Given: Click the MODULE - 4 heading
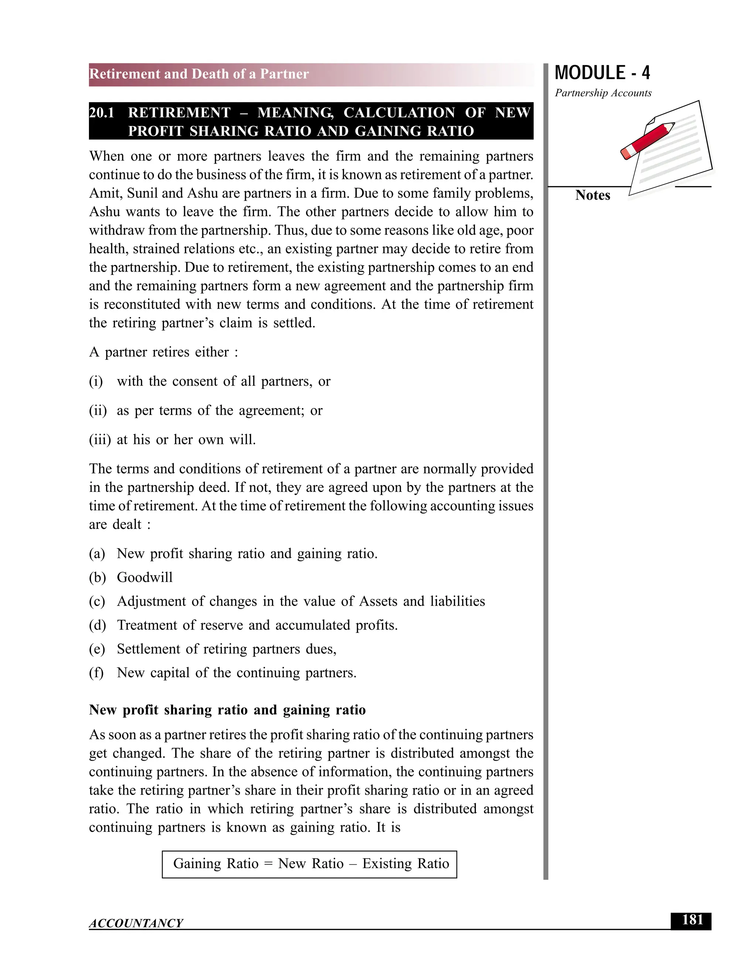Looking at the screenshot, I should point(602,73).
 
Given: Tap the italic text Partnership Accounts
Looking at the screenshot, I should point(603,93).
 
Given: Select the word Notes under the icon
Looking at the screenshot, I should point(592,195).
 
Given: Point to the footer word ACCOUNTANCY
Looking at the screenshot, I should point(136,923).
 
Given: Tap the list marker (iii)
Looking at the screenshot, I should point(99,440).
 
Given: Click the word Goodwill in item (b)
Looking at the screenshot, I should point(145,578).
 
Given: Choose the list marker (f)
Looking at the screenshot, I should point(96,673).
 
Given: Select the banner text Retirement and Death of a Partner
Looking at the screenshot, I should point(199,74).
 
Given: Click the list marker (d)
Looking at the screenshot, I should point(97,626).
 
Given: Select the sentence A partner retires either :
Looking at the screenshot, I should point(164,352).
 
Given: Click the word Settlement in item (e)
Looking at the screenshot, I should point(149,649).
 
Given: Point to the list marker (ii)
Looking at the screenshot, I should point(97,411).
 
